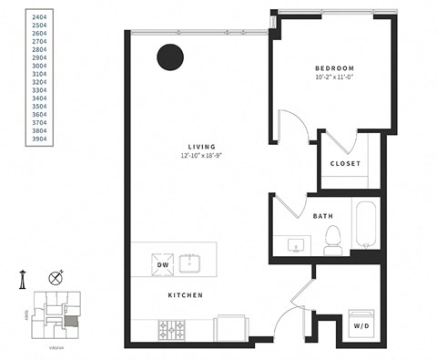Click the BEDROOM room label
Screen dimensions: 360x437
point(334,69)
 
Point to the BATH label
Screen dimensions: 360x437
point(322,216)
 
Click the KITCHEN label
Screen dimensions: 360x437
point(184,296)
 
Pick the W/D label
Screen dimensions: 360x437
point(361,324)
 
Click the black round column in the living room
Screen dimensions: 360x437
point(168,58)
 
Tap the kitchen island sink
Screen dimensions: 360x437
point(190,263)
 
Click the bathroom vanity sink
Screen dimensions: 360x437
point(296,244)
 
